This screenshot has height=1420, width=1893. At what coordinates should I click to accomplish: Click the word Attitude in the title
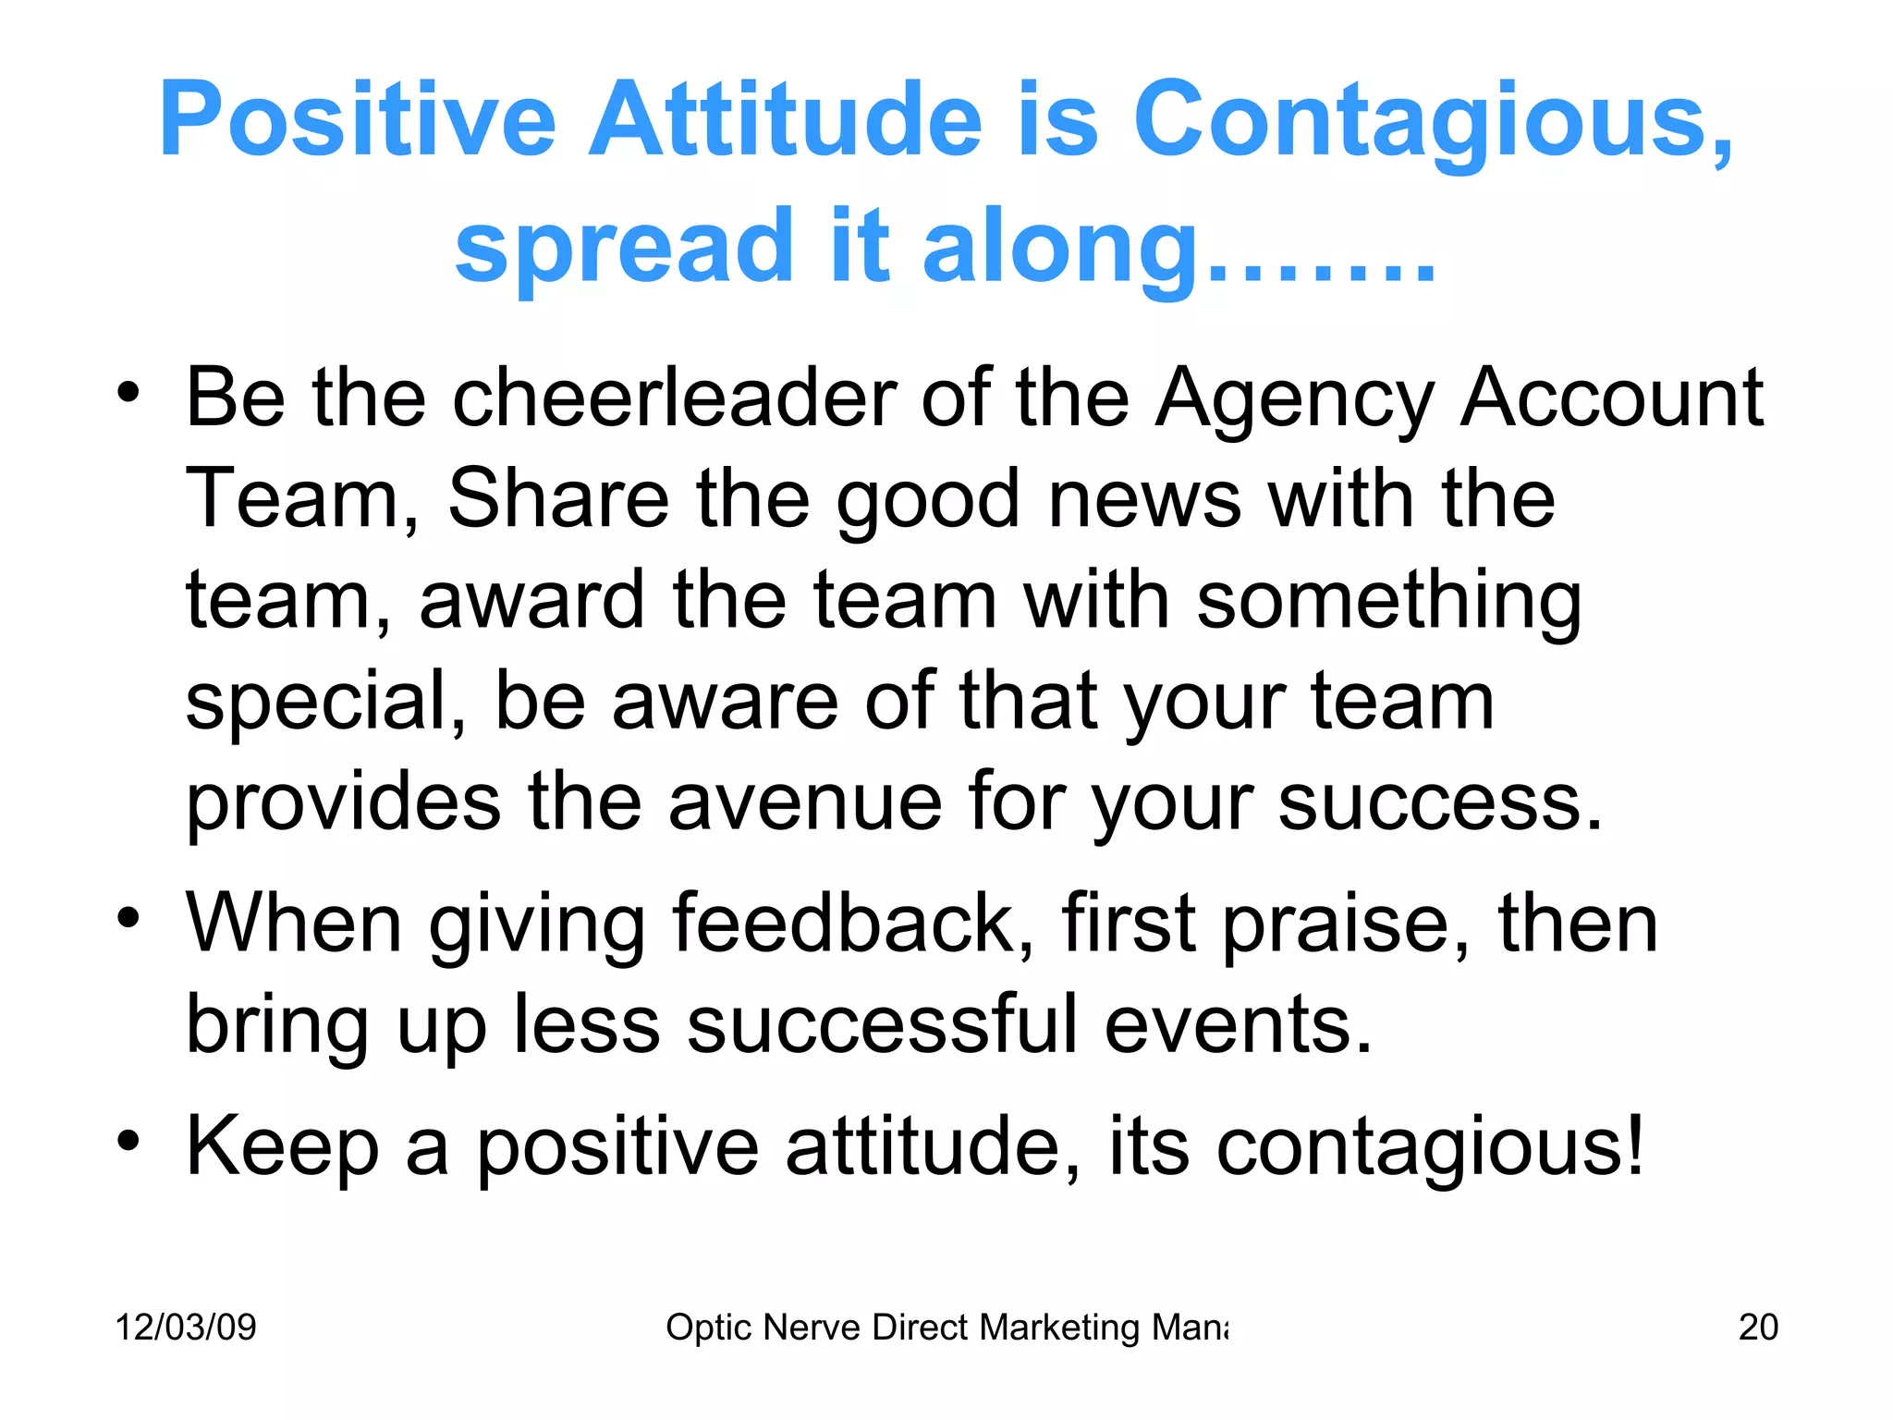786,120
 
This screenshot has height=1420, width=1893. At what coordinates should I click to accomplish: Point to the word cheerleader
674,398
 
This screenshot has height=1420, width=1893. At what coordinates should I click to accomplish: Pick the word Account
1612,398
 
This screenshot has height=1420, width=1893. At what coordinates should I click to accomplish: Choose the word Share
558,499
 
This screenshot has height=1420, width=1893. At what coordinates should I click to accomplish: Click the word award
531,600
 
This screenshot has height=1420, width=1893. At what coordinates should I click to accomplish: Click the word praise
1346,925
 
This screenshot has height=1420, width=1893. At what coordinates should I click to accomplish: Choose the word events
1239,1024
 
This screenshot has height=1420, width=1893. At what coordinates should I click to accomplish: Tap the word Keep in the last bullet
283,1146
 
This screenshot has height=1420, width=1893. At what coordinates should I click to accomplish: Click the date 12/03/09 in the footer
186,1328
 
